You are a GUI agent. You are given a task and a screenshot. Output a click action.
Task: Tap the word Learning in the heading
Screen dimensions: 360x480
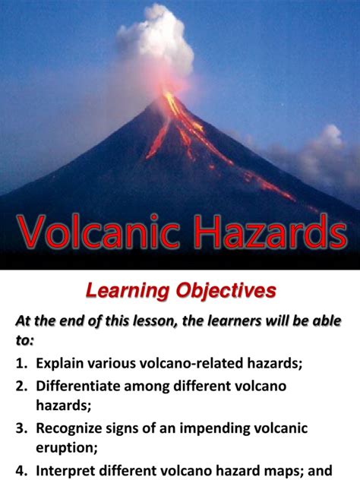(128, 291)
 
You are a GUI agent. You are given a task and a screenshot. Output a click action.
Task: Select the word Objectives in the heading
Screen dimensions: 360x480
(226, 291)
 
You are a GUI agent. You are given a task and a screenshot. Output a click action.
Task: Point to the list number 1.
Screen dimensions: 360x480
(21, 363)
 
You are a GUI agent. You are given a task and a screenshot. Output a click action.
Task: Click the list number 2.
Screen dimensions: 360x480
(21, 386)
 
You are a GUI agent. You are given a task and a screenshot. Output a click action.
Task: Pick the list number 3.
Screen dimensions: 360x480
(21, 428)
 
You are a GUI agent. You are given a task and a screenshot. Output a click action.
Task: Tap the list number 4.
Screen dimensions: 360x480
(21, 471)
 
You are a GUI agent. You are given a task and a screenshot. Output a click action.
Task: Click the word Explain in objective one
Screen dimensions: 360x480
(60, 364)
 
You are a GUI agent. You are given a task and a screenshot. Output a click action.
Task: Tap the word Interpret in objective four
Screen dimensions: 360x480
(65, 471)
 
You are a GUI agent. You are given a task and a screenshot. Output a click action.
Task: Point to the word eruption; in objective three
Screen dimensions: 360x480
(66, 448)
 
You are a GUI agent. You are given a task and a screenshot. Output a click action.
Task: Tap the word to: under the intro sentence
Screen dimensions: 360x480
(24, 340)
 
